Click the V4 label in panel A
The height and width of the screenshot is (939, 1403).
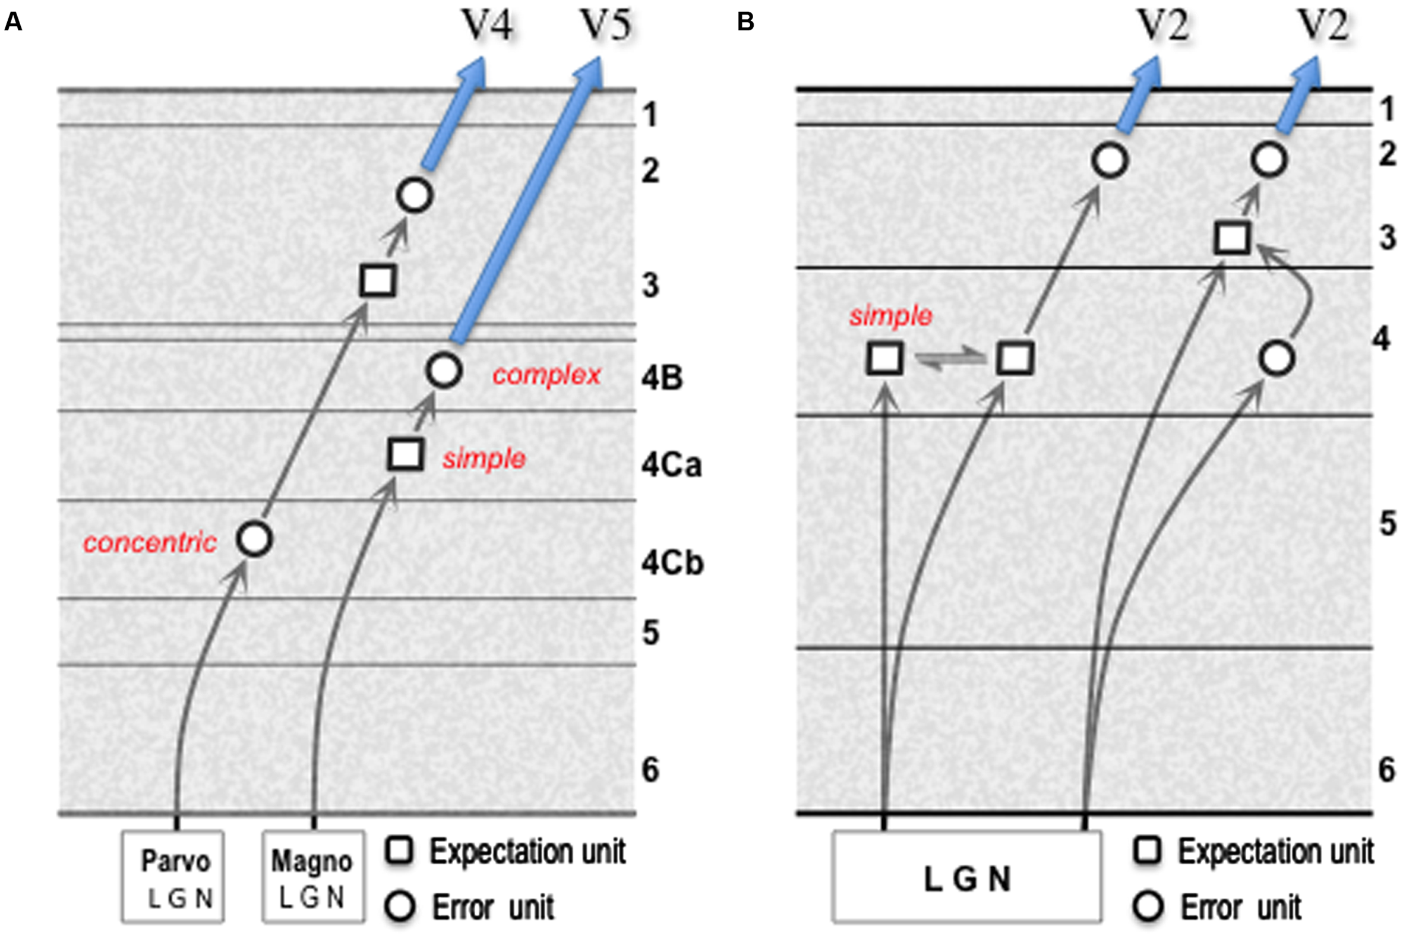pos(486,27)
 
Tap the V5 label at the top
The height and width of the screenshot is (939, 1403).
pos(605,27)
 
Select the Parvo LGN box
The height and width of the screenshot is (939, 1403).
pos(173,875)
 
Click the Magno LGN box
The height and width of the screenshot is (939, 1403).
pos(313,875)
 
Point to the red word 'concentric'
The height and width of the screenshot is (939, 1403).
pos(150,543)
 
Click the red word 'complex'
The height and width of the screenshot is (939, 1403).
pos(546,375)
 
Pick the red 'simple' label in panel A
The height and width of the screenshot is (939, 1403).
pos(484,459)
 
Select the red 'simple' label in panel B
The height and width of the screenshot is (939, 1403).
pos(890,315)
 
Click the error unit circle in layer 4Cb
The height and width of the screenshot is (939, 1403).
pos(254,539)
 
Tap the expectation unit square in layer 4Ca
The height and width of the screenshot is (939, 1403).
pos(406,454)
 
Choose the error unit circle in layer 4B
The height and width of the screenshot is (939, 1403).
pos(444,370)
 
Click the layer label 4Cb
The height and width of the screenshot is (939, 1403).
pos(672,563)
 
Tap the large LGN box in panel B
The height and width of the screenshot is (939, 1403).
pos(966,875)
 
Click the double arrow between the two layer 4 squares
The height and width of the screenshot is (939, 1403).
pos(950,359)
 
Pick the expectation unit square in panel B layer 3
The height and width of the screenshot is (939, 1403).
pos(1232,238)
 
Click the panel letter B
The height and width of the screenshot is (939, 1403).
pos(745,22)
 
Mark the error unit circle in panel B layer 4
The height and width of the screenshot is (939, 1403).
pos(1276,359)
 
